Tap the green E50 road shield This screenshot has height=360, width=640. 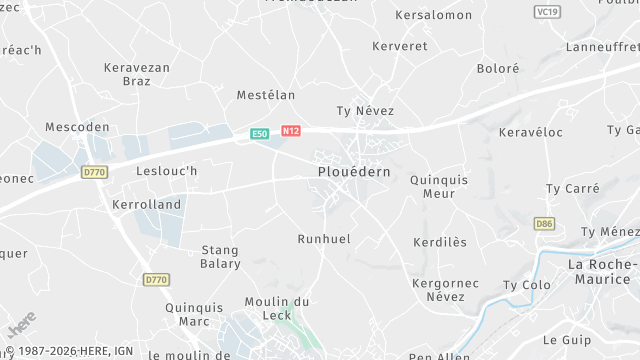pyautogui.click(x=260, y=133)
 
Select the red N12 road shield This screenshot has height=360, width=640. pyautogui.click(x=291, y=131)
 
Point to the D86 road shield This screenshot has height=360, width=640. pyautogui.click(x=544, y=224)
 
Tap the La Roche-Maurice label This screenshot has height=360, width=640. pyautogui.click(x=603, y=271)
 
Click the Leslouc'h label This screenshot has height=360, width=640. pyautogui.click(x=167, y=171)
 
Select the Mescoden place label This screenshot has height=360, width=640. pyautogui.click(x=77, y=127)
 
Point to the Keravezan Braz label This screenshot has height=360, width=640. pyautogui.click(x=137, y=75)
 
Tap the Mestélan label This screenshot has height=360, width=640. pyautogui.click(x=266, y=95)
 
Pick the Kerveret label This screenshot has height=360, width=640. pyautogui.click(x=399, y=46)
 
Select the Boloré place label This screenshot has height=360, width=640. pyautogui.click(x=498, y=69)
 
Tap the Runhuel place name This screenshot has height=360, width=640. pyautogui.click(x=324, y=239)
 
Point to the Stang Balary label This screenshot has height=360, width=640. pyautogui.click(x=221, y=257)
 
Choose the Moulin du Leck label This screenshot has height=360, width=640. pyautogui.click(x=277, y=309)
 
